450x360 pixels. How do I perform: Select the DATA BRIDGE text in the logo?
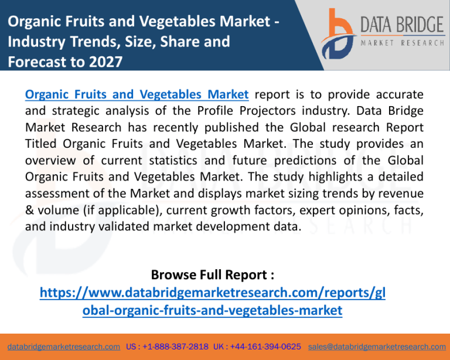tap(403, 24)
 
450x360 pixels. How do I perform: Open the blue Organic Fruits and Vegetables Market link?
tap(137, 94)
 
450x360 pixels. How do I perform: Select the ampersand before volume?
tap(29, 210)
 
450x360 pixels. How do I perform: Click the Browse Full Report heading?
tap(213, 275)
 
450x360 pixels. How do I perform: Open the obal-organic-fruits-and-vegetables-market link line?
tap(212, 310)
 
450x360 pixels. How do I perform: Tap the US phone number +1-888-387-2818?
tap(175, 347)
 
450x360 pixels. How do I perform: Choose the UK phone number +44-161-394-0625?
tap(265, 347)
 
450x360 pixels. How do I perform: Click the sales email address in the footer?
tap(377, 347)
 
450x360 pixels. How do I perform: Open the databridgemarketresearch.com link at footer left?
tap(64, 347)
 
